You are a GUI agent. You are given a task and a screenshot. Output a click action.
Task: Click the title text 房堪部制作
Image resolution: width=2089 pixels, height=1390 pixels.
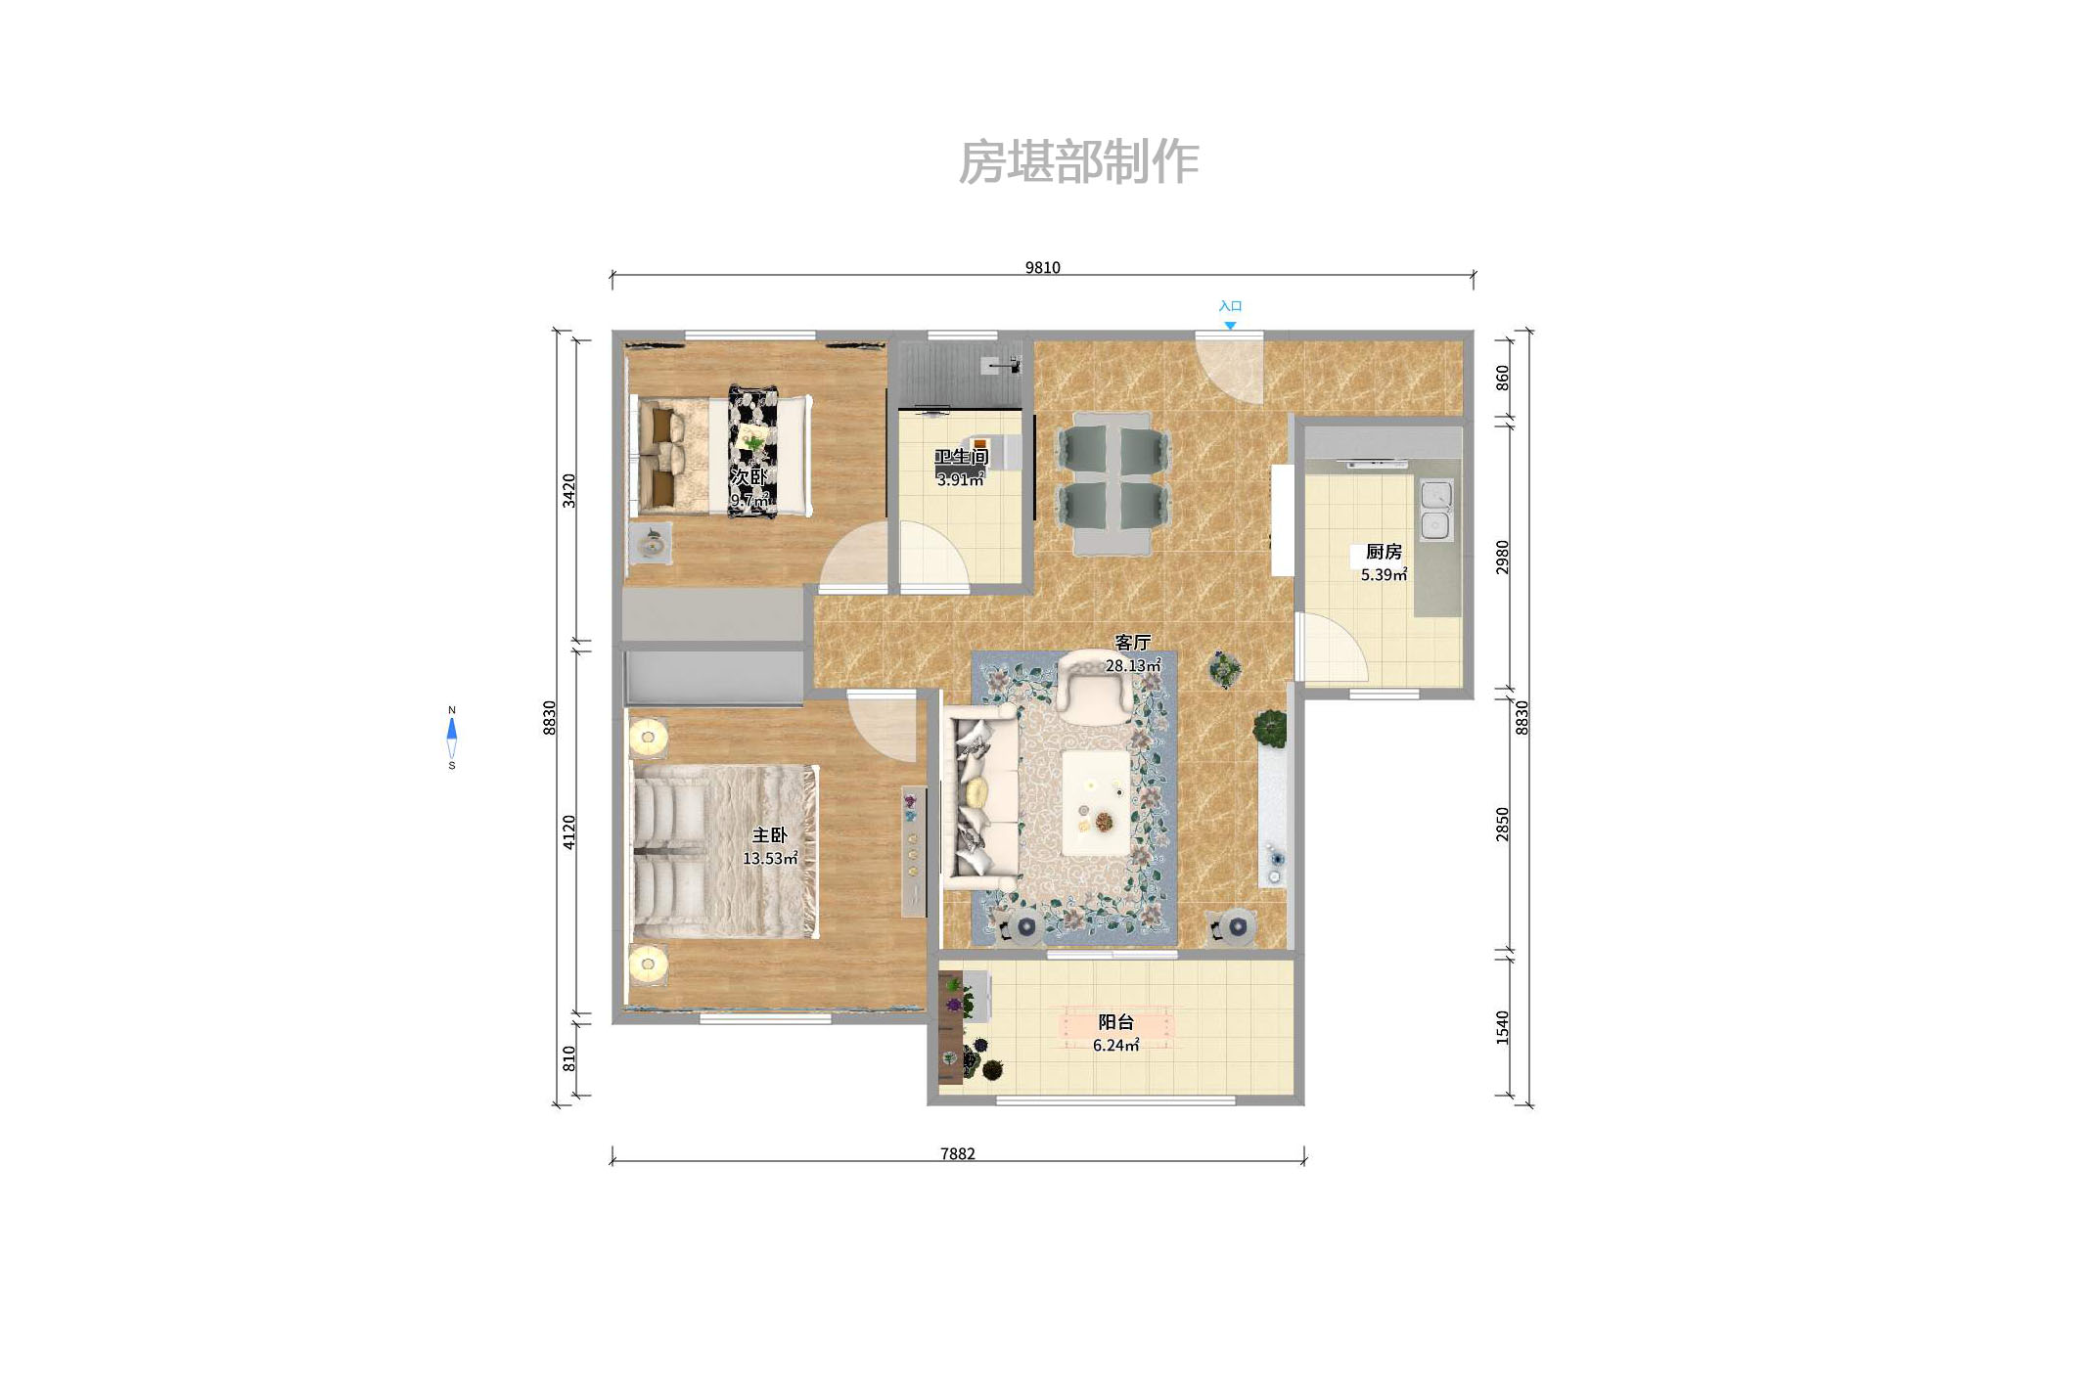pyautogui.click(x=1077, y=162)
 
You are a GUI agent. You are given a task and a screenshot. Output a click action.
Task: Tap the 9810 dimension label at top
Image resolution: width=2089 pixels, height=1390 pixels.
pyautogui.click(x=1042, y=267)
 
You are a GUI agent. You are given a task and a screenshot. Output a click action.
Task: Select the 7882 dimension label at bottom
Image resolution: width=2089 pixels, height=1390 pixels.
pyautogui.click(x=957, y=1153)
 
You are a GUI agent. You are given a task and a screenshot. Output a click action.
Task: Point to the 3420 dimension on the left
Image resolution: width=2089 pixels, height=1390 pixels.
pyautogui.click(x=568, y=490)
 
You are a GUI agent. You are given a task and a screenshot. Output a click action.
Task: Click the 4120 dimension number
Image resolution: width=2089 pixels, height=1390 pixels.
pyautogui.click(x=568, y=831)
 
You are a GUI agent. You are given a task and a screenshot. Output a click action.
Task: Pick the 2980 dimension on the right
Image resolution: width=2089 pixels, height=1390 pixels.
pyautogui.click(x=1502, y=557)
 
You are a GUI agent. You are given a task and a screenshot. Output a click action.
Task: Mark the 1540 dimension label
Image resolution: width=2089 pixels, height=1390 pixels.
pyautogui.click(x=1502, y=1027)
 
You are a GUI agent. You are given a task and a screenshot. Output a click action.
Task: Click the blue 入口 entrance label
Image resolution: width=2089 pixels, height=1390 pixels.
pyautogui.click(x=1230, y=306)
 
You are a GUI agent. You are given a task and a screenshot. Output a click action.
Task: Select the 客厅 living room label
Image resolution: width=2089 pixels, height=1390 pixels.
pyautogui.click(x=1132, y=643)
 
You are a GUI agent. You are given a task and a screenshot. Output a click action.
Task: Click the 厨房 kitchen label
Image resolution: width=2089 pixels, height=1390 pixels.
pyautogui.click(x=1384, y=552)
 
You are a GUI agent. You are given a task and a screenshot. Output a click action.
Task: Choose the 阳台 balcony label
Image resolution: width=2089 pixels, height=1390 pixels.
pyautogui.click(x=1115, y=1022)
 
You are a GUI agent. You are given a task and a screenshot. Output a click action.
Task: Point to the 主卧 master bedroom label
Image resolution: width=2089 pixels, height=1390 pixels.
pyautogui.click(x=769, y=835)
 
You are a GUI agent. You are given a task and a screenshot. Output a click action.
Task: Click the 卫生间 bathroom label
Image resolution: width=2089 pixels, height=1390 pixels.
pyautogui.click(x=961, y=457)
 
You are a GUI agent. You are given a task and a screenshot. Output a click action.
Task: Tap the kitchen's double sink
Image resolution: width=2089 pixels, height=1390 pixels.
pyautogui.click(x=1435, y=510)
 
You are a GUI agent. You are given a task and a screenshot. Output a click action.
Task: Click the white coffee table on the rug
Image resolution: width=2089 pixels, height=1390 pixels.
pyautogui.click(x=1097, y=803)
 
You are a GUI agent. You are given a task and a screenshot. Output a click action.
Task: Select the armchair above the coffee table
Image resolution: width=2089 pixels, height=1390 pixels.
pyautogui.click(x=1095, y=687)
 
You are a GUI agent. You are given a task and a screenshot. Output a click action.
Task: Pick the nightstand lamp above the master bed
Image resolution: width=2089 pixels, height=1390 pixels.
pyautogui.click(x=648, y=737)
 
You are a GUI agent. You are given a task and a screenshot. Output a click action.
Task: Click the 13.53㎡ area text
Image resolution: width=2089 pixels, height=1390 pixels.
pyautogui.click(x=770, y=859)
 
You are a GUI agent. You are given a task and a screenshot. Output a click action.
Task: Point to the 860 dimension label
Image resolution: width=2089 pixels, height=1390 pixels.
pyautogui.click(x=1502, y=378)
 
